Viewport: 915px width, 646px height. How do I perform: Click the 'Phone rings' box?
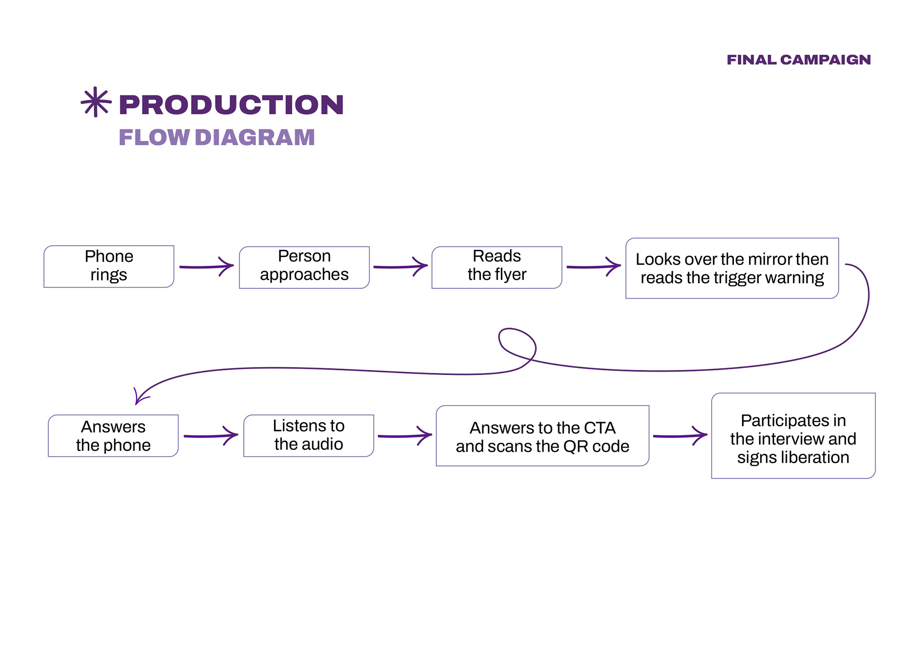[x=109, y=266]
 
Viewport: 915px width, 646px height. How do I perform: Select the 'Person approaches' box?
[x=304, y=267]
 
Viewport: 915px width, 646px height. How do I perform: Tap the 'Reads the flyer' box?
[x=497, y=267]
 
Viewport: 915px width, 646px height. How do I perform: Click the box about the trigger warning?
[x=732, y=268]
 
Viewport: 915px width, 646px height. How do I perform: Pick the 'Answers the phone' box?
[x=113, y=436]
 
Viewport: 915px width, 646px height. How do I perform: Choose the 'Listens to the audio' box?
[x=308, y=436]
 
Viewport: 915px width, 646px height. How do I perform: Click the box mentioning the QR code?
[x=542, y=436]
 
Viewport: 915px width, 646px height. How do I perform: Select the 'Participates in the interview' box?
[x=793, y=436]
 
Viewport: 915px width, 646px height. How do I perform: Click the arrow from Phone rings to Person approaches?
[x=206, y=267]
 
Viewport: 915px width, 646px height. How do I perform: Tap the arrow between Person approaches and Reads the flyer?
[x=400, y=267]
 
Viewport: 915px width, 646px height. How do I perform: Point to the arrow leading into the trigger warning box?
[x=594, y=267]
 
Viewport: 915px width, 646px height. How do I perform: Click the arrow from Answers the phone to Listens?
[x=211, y=436]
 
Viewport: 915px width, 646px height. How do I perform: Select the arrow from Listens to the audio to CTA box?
[x=405, y=436]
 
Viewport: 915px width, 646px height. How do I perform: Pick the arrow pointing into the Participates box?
[x=680, y=436]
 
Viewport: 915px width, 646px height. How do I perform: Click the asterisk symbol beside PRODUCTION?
[x=96, y=102]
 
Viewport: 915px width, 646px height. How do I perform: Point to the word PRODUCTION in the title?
[x=231, y=104]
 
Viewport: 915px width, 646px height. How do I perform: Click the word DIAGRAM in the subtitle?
[x=255, y=138]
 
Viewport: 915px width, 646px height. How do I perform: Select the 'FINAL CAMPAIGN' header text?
[x=799, y=60]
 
